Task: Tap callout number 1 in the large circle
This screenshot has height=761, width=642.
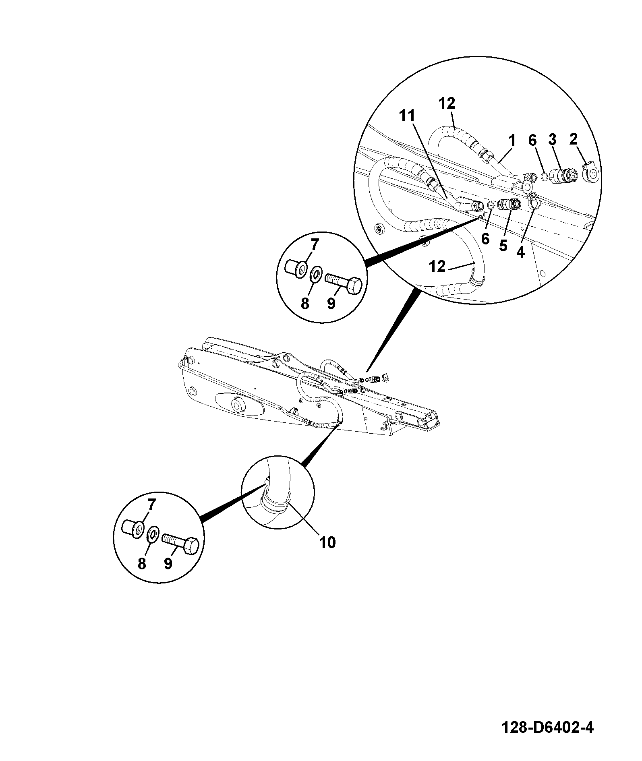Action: [512, 141]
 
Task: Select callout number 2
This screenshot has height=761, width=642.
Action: [573, 139]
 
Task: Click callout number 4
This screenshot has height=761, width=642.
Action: [520, 252]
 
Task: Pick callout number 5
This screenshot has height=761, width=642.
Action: [503, 245]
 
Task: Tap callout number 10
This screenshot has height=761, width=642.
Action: [327, 543]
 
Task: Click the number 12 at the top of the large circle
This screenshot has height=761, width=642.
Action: [447, 103]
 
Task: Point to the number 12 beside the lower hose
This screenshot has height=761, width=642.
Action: [437, 266]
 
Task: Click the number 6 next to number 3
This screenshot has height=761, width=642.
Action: [532, 141]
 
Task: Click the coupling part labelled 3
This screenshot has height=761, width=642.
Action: [563, 176]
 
